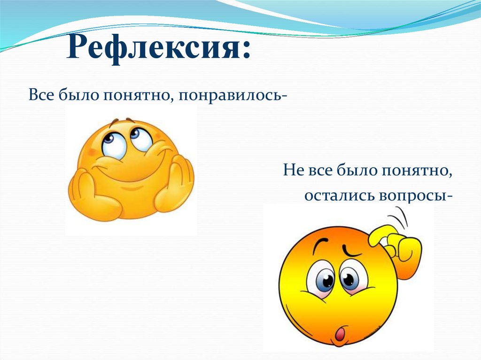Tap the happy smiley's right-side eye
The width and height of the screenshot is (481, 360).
[x=139, y=137]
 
